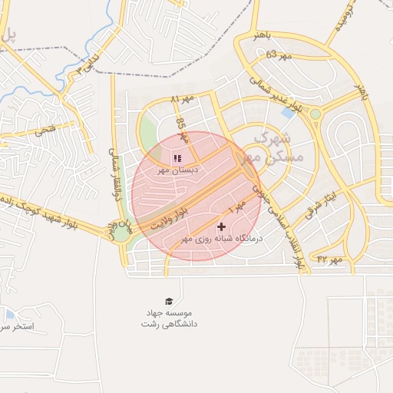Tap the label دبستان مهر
coord(178,170)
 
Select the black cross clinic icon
coord(222,227)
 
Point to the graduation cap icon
coord(168,302)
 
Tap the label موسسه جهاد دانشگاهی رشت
coord(168,319)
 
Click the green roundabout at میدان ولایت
coord(121,232)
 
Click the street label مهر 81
coord(183,100)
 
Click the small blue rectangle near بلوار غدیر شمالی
coord(288,113)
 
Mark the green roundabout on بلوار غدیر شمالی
coord(315,114)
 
